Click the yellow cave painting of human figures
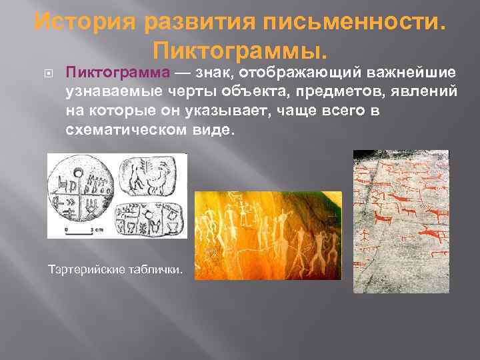[267, 235]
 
